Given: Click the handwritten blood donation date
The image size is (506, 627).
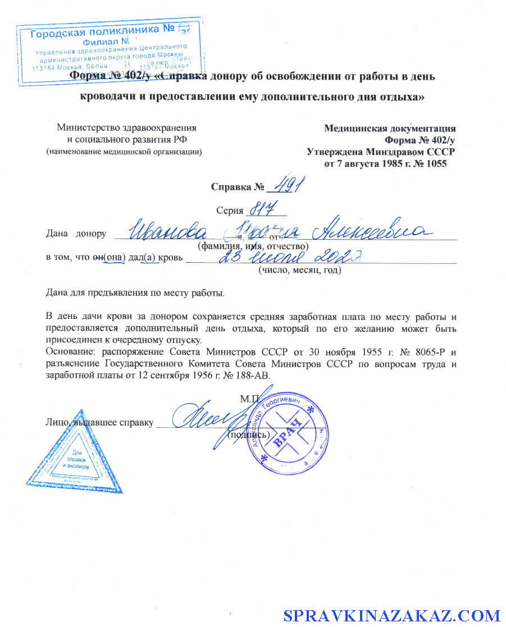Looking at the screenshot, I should pos(287,257).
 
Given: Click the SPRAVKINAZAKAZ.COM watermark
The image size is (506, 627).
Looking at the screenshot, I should pos(391,615).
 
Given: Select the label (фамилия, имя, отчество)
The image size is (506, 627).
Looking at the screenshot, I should pos(252,246).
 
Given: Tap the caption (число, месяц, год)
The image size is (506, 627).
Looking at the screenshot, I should pos(299,271).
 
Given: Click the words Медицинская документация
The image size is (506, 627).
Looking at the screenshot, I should pos(390,128).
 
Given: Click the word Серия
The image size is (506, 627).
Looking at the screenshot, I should pos(229,210).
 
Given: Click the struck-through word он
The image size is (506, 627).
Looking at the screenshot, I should pos(99,258).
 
